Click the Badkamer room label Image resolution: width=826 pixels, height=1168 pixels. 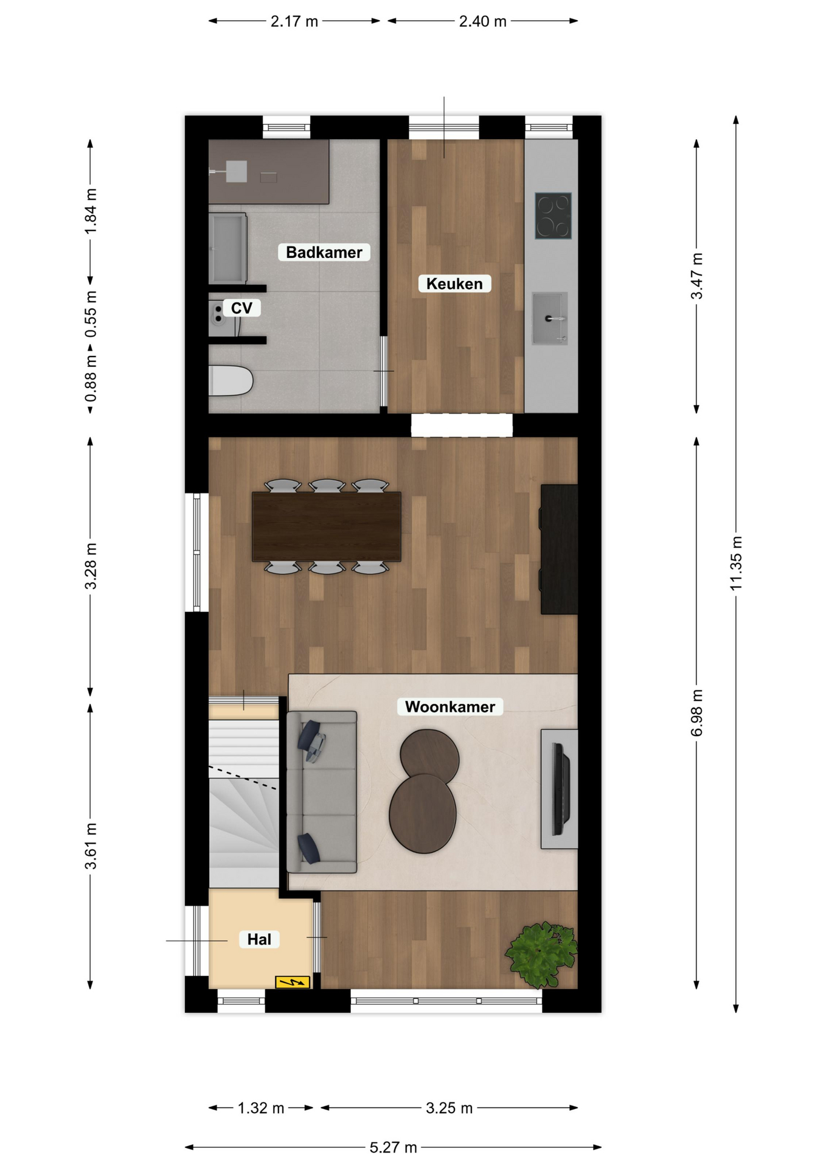[x=324, y=252]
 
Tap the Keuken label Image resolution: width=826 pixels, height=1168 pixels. [x=454, y=283]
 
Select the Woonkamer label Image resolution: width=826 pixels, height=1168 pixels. [x=450, y=706]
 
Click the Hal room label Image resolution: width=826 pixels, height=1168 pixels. [x=259, y=939]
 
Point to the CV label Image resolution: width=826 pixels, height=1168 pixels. [x=241, y=308]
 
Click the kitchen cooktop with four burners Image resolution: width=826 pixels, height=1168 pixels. [x=554, y=215]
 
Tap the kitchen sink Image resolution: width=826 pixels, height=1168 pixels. [x=550, y=318]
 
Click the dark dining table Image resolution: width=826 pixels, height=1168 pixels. [x=327, y=526]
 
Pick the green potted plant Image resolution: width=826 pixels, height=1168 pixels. [x=541, y=954]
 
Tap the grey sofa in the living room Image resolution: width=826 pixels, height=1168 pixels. [x=322, y=792]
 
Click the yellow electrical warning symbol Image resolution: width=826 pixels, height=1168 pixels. [x=293, y=982]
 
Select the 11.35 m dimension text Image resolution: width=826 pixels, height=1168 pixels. [x=736, y=563]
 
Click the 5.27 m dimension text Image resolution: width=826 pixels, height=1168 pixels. [x=394, y=1147]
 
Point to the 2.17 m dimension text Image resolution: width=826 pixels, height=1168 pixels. [x=294, y=21]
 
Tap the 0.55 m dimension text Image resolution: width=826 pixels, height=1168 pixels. [x=91, y=314]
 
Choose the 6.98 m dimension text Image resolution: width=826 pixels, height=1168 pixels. [x=696, y=713]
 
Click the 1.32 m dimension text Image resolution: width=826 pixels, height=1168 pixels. [x=261, y=1108]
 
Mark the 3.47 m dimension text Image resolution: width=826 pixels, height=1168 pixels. [x=696, y=276]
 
